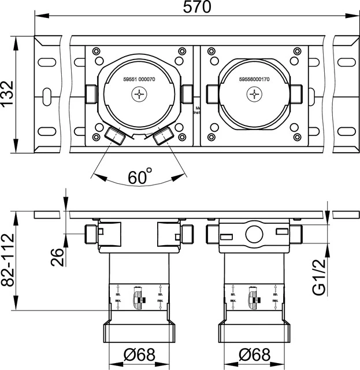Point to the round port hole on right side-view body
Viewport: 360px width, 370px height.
254,234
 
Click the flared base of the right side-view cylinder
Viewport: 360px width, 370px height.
254,332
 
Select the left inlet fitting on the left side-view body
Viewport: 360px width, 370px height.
91,234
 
